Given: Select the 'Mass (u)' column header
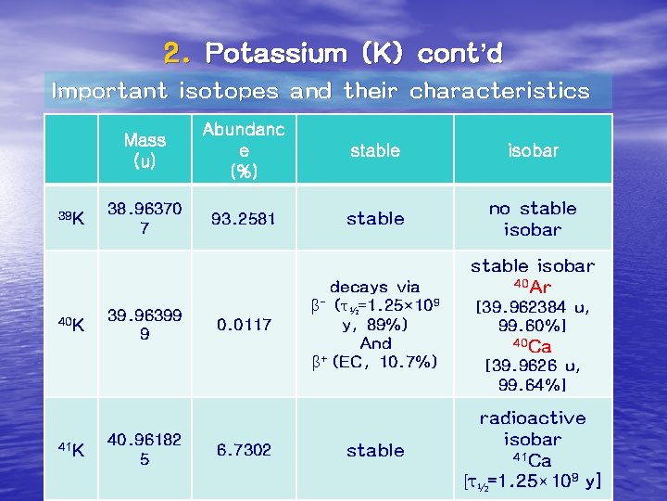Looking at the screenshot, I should [x=145, y=150].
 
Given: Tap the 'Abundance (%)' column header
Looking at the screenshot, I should [x=244, y=149].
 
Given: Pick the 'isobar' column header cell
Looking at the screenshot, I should [x=533, y=150].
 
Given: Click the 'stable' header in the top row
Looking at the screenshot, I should [x=375, y=150].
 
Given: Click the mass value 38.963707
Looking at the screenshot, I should [x=145, y=219].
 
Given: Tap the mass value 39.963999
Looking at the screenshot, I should [x=145, y=325].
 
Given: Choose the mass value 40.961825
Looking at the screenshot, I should [x=145, y=450].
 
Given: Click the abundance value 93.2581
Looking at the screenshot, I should [x=243, y=219].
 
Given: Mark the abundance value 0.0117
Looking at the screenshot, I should [x=243, y=325].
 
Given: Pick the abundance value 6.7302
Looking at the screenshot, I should [x=243, y=450].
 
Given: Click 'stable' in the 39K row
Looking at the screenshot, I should [x=375, y=219].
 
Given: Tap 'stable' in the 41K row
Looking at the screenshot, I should [x=375, y=450].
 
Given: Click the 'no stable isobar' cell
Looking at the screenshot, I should [x=533, y=219].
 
